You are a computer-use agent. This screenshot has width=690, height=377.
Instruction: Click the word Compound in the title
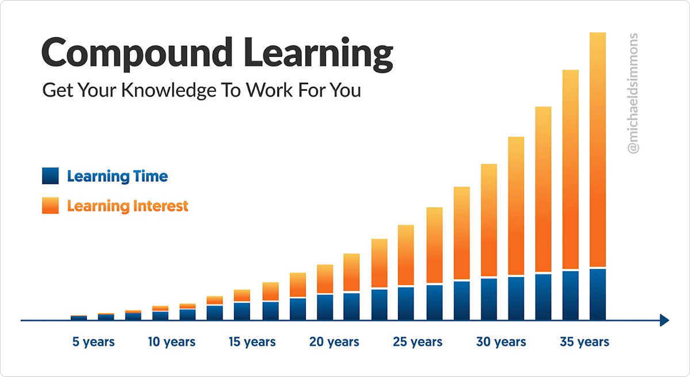pyautogui.click(x=137, y=53)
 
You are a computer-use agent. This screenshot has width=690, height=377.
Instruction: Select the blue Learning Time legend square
pyautogui.click(x=51, y=176)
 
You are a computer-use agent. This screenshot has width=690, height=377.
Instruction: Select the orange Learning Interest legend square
pyautogui.click(x=51, y=205)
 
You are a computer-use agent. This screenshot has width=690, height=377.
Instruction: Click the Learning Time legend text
pyautogui.click(x=117, y=176)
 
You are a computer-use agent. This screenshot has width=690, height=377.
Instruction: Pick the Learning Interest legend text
pyautogui.click(x=128, y=206)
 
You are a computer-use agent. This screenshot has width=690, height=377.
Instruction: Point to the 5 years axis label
pyautogui.click(x=93, y=342)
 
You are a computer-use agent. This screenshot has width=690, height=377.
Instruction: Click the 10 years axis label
pyautogui.click(x=171, y=342)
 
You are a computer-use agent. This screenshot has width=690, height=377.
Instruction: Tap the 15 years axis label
pyautogui.click(x=252, y=342)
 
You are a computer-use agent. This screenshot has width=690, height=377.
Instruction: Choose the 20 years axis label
pyautogui.click(x=334, y=342)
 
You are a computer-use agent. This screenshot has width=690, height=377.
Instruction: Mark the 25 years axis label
pyautogui.click(x=417, y=342)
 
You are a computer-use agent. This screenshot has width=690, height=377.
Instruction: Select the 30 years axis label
pyautogui.click(x=501, y=342)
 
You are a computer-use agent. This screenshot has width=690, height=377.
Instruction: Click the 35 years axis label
pyautogui.click(x=585, y=342)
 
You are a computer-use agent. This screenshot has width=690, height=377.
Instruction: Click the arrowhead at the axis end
pyautogui.click(x=665, y=320)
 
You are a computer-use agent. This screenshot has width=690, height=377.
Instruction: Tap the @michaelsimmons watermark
pyautogui.click(x=632, y=93)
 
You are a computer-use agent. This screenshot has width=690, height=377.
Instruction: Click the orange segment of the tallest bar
pyautogui.click(x=597, y=149)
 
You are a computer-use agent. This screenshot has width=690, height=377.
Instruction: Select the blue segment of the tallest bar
pyautogui.click(x=597, y=294)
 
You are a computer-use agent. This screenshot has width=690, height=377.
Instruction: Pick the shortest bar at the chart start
pyautogui.click(x=79, y=318)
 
